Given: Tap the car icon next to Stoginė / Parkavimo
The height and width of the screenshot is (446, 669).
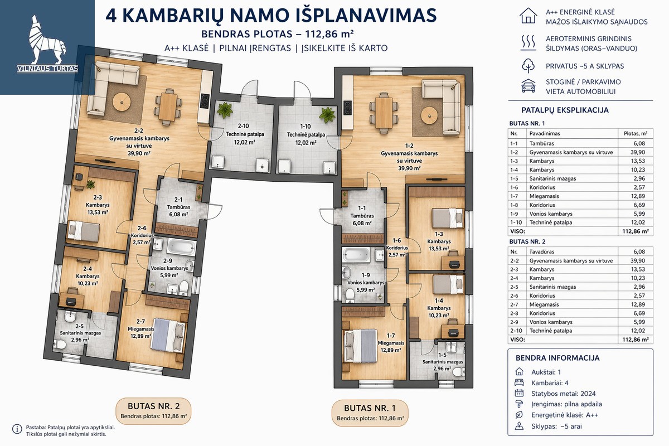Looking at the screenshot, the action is [529, 86].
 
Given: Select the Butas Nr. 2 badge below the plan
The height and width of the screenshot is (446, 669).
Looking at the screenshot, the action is [153, 411].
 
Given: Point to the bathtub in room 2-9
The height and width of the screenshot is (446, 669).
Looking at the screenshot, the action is [181, 247].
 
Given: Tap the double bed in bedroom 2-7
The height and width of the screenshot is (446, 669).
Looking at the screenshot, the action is [169, 335].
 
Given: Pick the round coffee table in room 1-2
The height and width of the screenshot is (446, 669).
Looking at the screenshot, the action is [429, 115].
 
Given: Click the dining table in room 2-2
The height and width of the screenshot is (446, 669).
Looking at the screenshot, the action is [168, 107].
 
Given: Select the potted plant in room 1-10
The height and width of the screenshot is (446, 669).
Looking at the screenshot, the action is [327, 115].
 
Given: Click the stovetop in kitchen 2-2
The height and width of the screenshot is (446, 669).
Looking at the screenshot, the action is [205, 100].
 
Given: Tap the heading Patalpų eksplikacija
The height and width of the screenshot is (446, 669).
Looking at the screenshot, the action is [565, 110].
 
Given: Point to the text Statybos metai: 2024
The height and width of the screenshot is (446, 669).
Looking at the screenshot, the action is [563, 394].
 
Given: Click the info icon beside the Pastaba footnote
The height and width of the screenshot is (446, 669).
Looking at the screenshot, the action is [17, 429].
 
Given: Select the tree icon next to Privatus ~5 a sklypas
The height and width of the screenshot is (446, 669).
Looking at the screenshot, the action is [528, 66].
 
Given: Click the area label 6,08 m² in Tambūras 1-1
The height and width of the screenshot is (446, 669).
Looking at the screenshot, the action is [362, 223].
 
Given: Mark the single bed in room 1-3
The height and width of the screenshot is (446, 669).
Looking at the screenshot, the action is [447, 218].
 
